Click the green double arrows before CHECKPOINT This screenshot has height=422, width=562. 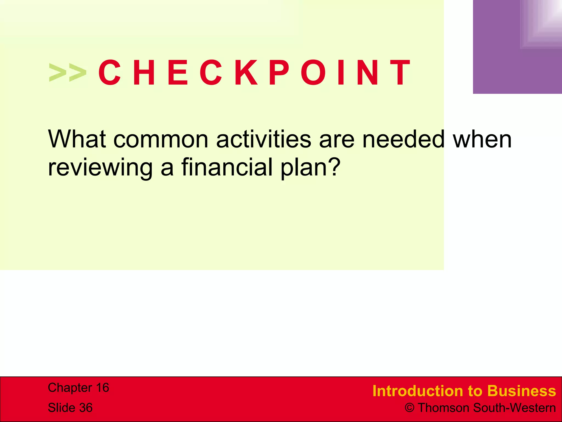tap(68, 73)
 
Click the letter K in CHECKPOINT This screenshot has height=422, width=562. tap(246, 73)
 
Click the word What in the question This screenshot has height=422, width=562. tap(77, 139)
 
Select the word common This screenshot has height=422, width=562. tap(161, 139)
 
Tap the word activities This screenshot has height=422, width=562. tap(264, 139)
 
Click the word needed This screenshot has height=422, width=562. tap(403, 139)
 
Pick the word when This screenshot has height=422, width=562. tap(482, 139)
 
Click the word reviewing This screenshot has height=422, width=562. tap(100, 168)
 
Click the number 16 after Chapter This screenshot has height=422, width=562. tap(102, 388)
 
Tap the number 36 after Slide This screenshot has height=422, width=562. tap(86, 408)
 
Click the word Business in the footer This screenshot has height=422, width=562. tap(522, 391)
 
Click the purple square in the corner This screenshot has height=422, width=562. tap(517, 47)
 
